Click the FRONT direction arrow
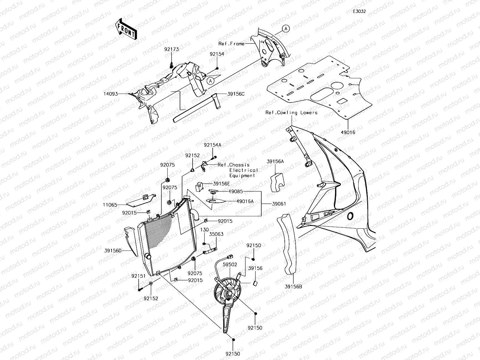[x=126, y=29]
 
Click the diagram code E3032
[x=359, y=11]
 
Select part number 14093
[x=111, y=94]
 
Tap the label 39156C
[x=236, y=94]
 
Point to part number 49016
[x=348, y=132]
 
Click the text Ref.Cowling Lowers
[x=291, y=112]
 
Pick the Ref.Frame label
[x=231, y=44]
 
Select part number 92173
[x=171, y=49]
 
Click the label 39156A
[x=275, y=161]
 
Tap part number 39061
[x=279, y=204]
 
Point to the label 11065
[x=110, y=205]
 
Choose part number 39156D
[x=113, y=251]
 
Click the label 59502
[x=230, y=265]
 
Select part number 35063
[x=216, y=234]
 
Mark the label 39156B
[x=293, y=286]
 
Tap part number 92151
[x=138, y=276]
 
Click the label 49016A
[x=245, y=201]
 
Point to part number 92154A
[x=213, y=145]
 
